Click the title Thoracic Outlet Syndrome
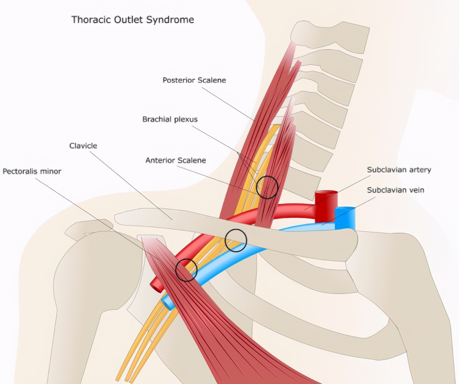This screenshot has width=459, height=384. point(132,20)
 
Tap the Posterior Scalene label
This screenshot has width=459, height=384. point(194,80)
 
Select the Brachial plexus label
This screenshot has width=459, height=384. point(170,119)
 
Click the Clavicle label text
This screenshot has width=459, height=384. point(83,146)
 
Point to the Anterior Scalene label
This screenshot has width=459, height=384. point(176,160)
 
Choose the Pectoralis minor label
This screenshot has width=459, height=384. point(32,171)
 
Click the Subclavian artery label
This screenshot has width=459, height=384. point(399,170)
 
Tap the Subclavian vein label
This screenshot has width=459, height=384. point(395,190)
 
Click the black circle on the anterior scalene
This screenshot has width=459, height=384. point(267,188)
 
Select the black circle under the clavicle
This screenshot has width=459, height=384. point(236,240)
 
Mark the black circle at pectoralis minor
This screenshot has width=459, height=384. point(186,270)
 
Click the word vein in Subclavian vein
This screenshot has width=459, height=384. point(416,190)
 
